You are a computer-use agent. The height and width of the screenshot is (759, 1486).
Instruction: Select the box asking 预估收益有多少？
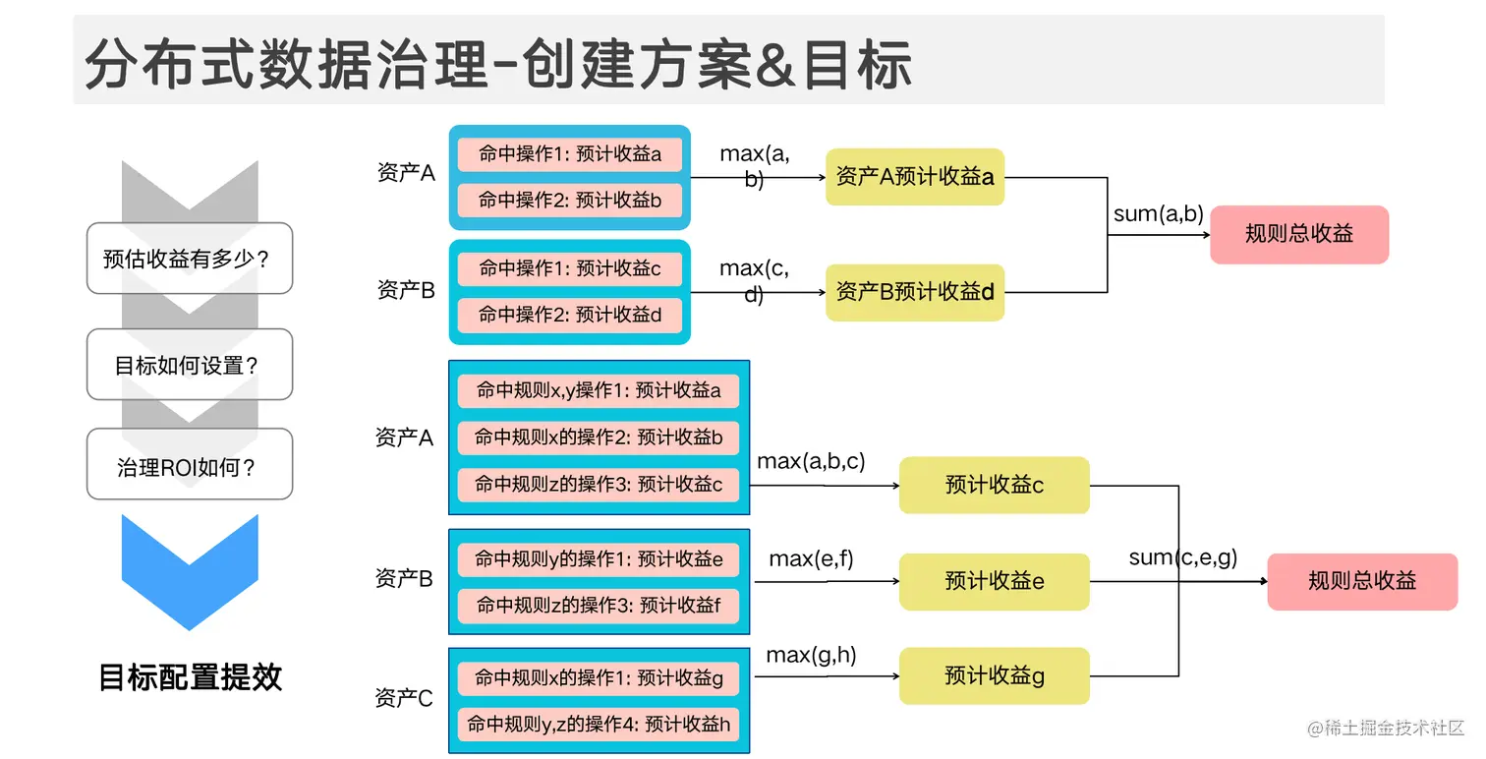[190, 259]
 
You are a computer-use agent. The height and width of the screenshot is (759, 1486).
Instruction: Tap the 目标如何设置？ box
[190, 365]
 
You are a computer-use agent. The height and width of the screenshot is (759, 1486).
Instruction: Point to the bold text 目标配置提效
[191, 676]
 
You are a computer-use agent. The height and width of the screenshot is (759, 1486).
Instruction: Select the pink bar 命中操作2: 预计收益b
[570, 201]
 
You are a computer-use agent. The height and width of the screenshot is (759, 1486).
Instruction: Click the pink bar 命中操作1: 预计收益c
[570, 268]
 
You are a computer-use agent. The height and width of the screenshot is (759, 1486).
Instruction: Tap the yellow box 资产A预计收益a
[914, 177]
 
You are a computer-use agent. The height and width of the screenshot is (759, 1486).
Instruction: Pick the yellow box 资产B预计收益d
[914, 292]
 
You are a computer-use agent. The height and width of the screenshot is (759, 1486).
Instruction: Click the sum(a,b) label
[1158, 214]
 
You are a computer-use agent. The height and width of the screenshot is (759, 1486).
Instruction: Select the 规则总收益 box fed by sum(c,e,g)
[1361, 581]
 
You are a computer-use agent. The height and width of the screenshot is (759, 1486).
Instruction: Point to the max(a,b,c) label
[811, 461]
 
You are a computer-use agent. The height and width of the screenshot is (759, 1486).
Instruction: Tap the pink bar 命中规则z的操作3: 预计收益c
[599, 484]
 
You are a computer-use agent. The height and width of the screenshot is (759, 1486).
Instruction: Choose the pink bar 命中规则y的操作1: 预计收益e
[599, 559]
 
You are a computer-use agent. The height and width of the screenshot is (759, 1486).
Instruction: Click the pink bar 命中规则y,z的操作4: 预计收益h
[599, 725]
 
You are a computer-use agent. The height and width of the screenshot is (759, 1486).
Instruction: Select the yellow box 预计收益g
[994, 675]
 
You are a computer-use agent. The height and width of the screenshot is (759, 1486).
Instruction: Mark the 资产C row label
[403, 698]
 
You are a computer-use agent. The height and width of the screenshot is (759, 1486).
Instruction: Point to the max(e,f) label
[811, 558]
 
